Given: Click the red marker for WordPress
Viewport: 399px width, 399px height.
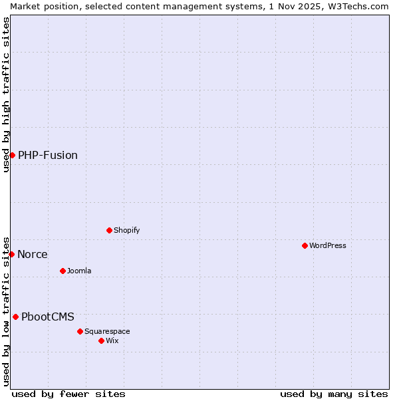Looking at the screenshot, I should click(305, 245).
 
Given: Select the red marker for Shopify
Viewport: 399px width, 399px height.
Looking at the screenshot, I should click(109, 230).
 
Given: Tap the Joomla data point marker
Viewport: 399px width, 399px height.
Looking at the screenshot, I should click(63, 271).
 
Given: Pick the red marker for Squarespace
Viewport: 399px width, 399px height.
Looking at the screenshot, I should click(80, 331).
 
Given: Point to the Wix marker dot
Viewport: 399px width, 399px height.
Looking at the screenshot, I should click(101, 340).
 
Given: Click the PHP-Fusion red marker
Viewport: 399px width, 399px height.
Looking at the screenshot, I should click(12, 155).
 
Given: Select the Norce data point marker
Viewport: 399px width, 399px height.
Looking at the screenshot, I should click(11, 254).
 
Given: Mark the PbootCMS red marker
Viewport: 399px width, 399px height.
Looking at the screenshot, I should click(15, 317).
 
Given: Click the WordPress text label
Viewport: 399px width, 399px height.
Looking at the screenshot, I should click(328, 245).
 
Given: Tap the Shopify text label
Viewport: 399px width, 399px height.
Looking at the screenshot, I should click(126, 230).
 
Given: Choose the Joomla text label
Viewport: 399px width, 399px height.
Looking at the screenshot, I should click(79, 271).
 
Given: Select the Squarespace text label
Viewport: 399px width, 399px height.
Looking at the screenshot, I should click(107, 331).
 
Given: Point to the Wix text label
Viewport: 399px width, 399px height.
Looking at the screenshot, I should click(112, 340).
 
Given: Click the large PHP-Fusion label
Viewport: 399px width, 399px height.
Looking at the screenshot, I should click(48, 155).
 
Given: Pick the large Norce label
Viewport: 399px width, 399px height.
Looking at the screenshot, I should click(33, 254).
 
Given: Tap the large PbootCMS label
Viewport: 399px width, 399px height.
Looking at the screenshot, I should click(48, 317).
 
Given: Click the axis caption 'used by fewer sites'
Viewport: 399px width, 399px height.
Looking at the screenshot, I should click(68, 394).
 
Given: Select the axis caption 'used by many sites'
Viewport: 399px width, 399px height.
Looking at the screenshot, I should click(334, 394).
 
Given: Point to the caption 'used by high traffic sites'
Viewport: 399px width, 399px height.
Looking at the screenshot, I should click(6, 94).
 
